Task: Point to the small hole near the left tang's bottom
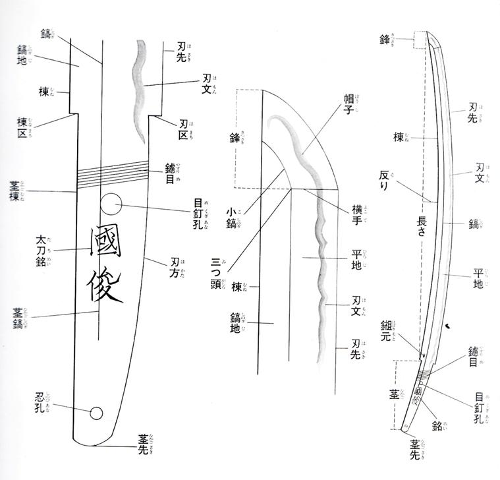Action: click(96, 413)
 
